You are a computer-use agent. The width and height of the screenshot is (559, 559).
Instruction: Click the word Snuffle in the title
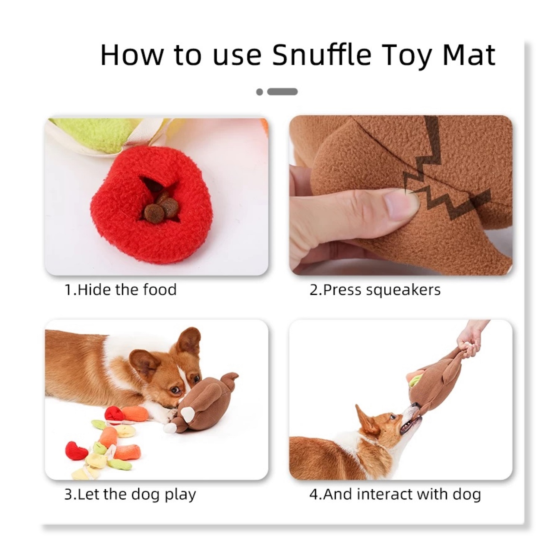pos(322,55)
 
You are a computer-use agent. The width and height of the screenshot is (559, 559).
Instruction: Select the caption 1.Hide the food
pos(120,290)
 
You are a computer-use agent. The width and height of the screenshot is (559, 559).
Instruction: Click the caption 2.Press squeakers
pos(375,290)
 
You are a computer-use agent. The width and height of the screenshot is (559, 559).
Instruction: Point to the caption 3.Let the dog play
pos(130,495)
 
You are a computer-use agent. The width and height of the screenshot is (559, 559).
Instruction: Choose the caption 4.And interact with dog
pos(395,494)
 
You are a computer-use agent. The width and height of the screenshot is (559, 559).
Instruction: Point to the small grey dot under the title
pos(259,92)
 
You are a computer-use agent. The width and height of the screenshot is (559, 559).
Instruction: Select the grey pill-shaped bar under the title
pos(282,92)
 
